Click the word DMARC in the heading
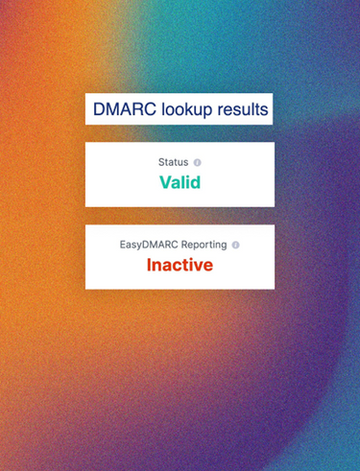coord(125,109)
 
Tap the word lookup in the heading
coord(186,110)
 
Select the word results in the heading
coord(243,109)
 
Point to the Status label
coord(173,162)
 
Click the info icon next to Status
coord(198,162)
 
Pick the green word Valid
coord(180,182)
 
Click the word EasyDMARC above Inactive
coord(149,246)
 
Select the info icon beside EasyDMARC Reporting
coord(235,245)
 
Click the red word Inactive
coord(180,265)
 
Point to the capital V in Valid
coord(166,182)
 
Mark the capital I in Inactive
coord(149,265)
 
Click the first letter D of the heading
coord(99,109)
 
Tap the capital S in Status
coord(161,162)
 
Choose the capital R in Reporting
coord(184,245)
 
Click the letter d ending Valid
coord(196,182)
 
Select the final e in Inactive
coord(208,267)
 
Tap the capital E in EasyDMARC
coord(123,245)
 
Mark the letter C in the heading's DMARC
coord(150,109)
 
